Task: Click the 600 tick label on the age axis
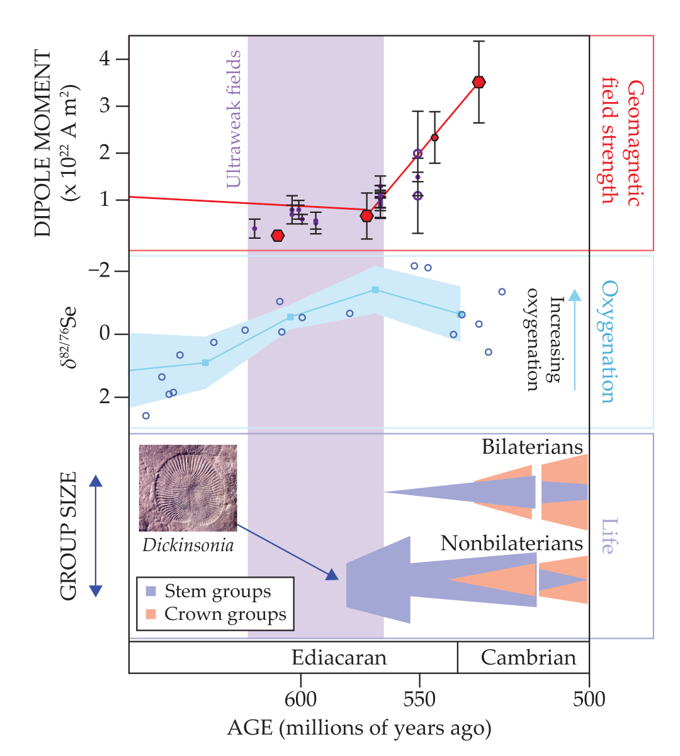tap(300, 699)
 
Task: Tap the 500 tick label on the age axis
tap(589, 699)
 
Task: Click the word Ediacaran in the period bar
tap(339, 658)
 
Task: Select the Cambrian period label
tap(528, 658)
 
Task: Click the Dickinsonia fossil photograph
tap(188, 488)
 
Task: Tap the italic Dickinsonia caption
tap(188, 546)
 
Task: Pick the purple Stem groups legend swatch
tap(151, 592)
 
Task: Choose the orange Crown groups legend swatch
tap(151, 614)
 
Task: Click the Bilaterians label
tap(532, 447)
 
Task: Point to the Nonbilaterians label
tap(511, 544)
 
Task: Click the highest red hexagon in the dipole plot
tap(479, 82)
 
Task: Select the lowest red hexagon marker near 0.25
tap(278, 236)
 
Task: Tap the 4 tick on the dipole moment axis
tap(105, 59)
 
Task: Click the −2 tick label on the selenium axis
tap(99, 272)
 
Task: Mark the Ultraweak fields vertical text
tap(234, 120)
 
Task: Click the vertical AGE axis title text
tap(359, 728)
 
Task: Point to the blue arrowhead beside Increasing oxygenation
tap(574, 295)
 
